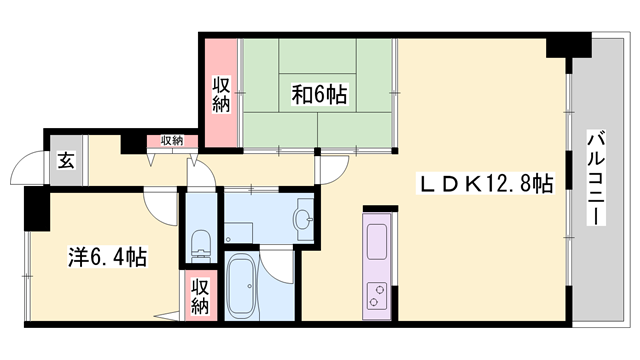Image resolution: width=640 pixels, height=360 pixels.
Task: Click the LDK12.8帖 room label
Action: (485, 184)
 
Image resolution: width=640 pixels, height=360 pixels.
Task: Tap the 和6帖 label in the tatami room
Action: (319, 95)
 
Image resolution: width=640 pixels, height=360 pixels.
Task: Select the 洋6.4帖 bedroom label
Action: (107, 257)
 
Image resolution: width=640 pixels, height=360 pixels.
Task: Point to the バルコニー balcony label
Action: (596, 178)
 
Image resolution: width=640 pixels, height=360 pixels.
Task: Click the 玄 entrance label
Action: (66, 160)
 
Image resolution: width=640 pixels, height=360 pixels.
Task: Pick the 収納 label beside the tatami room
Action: (221, 94)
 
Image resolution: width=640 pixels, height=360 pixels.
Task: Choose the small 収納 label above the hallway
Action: (172, 141)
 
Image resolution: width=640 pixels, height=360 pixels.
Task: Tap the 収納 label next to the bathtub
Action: (200, 297)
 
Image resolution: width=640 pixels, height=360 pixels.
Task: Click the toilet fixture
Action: (200, 246)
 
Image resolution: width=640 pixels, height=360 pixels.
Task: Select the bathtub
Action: (242, 285)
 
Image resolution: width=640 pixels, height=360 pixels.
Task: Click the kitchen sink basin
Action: (376, 242)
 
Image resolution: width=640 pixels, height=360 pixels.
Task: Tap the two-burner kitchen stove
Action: (376, 296)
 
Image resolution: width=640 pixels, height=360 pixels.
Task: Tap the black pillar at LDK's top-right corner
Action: (569, 45)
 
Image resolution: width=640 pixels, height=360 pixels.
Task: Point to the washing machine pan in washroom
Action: (238, 233)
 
